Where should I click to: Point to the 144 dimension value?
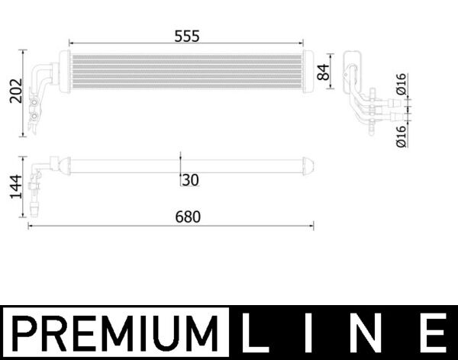(x=13, y=185)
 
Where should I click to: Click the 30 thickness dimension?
(x=190, y=180)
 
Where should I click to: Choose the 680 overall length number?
(x=187, y=217)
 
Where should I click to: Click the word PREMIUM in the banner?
(x=114, y=333)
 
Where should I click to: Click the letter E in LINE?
(x=434, y=333)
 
